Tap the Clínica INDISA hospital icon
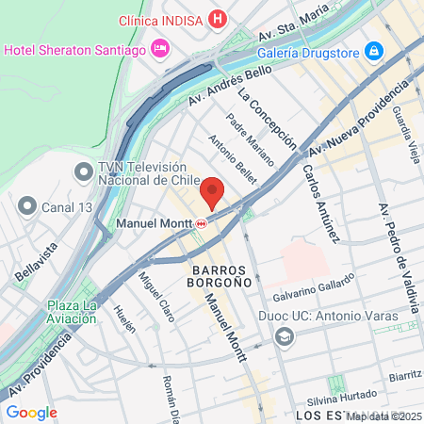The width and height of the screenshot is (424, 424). point(219,19)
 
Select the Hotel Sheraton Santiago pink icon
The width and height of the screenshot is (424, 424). point(160,47)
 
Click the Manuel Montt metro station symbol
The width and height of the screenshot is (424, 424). point(201,223)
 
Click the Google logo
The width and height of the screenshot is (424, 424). point(31,412)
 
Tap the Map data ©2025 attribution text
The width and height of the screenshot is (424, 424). point(383,416)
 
